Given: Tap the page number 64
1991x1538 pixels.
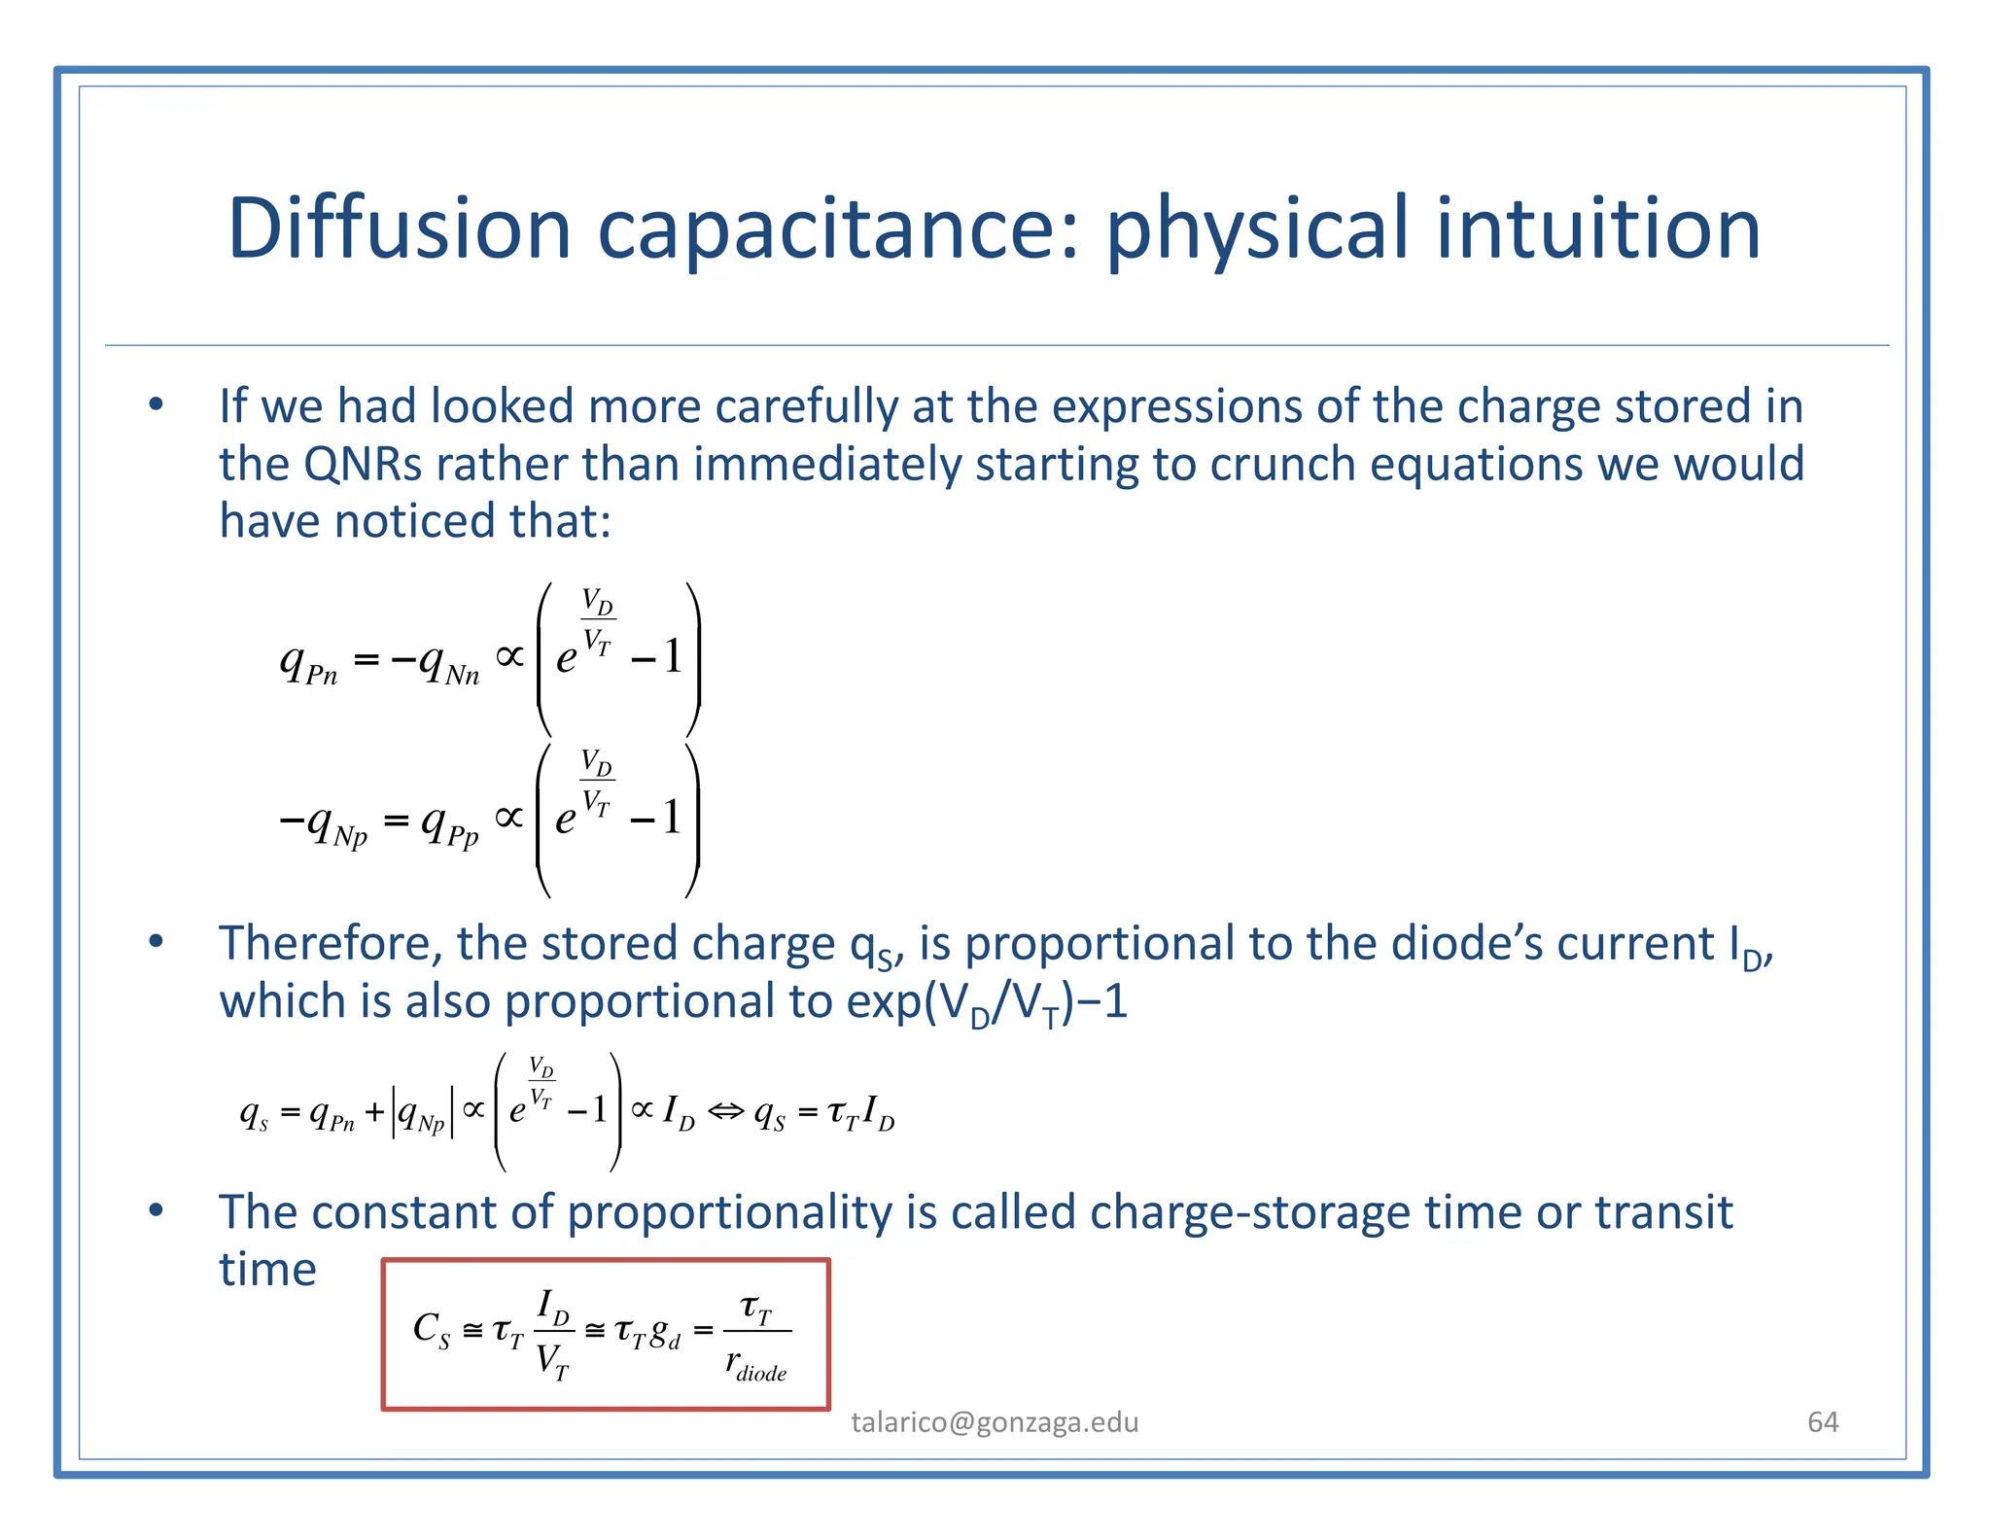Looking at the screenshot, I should (x=1822, y=1422).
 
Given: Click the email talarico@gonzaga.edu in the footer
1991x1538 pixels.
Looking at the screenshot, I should (x=995, y=1422).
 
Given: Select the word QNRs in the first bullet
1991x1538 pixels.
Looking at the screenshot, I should (x=363, y=464).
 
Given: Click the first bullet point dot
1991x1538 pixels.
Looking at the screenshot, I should (x=156, y=404).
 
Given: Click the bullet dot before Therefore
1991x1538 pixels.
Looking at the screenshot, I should (x=156, y=941).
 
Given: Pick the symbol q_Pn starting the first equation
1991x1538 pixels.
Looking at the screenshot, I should (x=308, y=664).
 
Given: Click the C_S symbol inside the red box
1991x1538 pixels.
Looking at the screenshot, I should (x=431, y=1329).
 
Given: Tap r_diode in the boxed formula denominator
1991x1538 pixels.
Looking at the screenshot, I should (x=756, y=1365).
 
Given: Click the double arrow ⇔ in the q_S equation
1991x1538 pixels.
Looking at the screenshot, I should (x=724, y=1110).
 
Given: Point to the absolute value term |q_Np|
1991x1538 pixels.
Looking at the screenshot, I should (x=422, y=1113).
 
